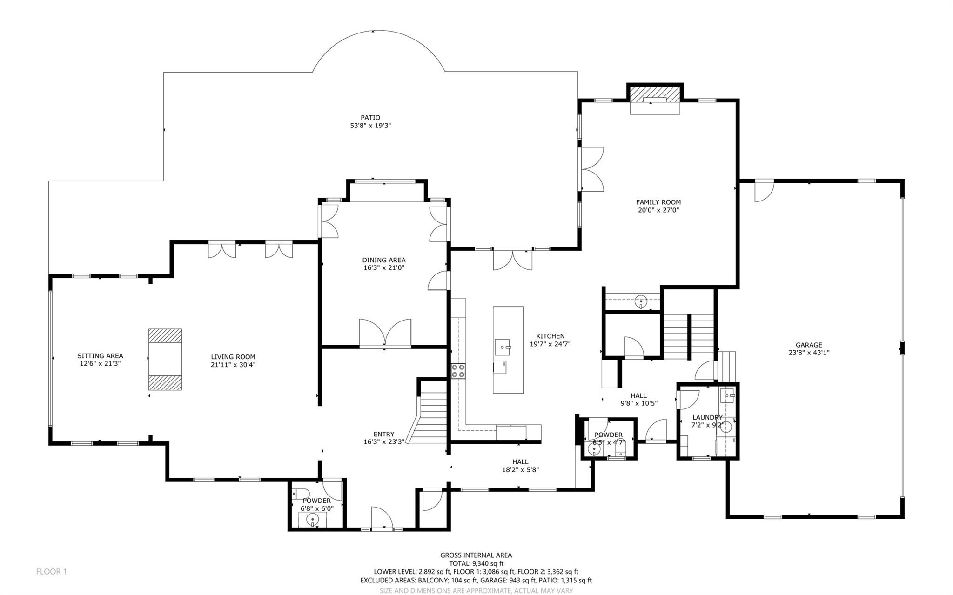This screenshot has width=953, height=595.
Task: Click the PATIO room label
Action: (370, 118)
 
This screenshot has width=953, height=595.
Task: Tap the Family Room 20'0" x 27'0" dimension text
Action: (658, 210)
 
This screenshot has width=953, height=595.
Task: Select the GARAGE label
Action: (809, 345)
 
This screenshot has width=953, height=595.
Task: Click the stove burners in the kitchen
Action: (458, 371)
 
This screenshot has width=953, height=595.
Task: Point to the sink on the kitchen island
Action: (503, 347)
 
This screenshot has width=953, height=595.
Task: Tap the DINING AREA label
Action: (384, 260)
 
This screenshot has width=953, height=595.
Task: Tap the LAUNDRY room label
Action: (707, 417)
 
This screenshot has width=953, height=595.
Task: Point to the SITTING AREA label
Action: (100, 356)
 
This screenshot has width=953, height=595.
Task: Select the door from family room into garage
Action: (763, 191)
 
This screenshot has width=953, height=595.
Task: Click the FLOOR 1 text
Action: (51, 571)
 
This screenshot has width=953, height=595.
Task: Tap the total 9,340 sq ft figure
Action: (476, 563)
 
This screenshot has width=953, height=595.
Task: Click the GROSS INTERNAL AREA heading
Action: (476, 555)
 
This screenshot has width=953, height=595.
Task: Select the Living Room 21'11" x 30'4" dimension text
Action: (233, 365)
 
